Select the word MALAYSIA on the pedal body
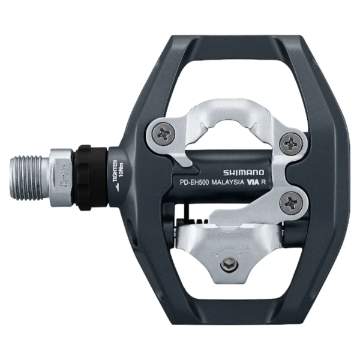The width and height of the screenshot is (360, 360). click(x=226, y=187)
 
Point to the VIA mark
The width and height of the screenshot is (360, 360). click(x=253, y=187)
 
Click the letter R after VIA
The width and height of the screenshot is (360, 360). click(x=266, y=187)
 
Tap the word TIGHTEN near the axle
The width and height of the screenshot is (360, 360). click(x=115, y=170)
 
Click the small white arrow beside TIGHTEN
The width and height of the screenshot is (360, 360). click(x=115, y=187)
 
